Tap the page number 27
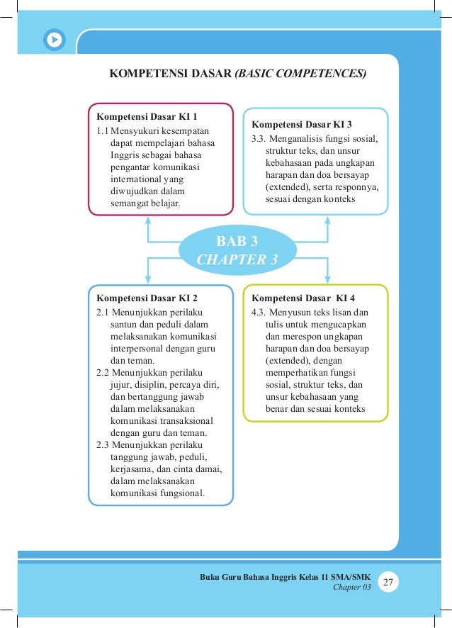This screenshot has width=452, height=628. coord(388,582)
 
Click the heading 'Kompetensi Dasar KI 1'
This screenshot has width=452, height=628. coord(147,116)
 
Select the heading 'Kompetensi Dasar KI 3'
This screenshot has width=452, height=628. coord(302,123)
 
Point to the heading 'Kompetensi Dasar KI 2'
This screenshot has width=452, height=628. coord(147,297)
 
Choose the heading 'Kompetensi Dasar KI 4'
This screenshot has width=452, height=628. coord(303,297)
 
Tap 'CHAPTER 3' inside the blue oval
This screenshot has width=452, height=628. coord(237,259)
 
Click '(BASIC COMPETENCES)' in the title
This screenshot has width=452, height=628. coord(300,73)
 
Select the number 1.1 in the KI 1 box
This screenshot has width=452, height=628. coord(103,131)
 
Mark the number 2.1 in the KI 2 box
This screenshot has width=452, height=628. coord(103,312)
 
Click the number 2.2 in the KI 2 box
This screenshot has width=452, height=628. coord(103,372)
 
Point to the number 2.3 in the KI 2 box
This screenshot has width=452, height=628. coord(103,445)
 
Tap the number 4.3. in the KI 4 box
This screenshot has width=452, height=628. coord(259,312)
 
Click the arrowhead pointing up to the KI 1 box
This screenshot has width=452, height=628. coord(148,220)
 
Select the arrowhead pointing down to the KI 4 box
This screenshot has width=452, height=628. coord(327,279)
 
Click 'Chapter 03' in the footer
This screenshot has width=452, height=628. coord(351,587)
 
